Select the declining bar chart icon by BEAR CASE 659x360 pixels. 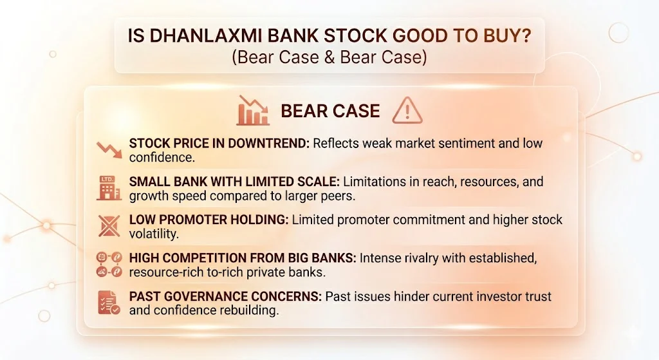(253, 111)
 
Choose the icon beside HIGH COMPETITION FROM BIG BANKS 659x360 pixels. (107, 265)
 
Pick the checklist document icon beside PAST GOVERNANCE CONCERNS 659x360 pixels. (107, 302)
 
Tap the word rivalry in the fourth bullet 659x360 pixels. (425, 258)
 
